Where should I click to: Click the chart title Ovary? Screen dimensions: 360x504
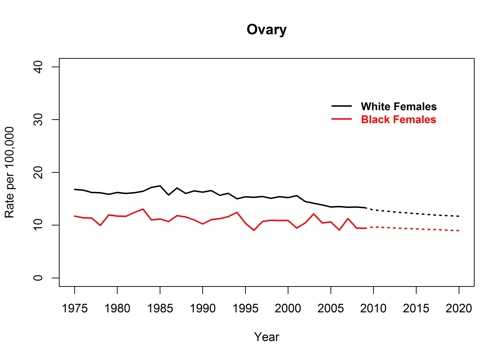coord(266,30)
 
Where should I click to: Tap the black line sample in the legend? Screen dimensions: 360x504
coord(342,106)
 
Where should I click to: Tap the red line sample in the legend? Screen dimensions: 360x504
coord(342,120)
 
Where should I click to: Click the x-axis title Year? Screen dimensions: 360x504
coord(266,336)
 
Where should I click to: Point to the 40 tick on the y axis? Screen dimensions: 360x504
coord(42,66)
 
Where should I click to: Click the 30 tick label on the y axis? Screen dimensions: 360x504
coord(42,119)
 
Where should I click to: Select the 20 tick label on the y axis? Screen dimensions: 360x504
coord(42,172)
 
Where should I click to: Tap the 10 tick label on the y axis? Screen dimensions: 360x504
coord(42,225)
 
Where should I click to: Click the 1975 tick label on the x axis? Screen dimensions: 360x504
coord(75,307)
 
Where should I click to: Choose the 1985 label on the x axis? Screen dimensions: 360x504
coord(160,307)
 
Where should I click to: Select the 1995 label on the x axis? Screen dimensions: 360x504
coord(245,307)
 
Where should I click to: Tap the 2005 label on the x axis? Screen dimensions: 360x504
coord(331,307)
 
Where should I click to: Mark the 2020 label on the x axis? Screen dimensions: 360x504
coord(458,307)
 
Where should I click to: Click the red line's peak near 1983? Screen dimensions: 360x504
coord(143,209)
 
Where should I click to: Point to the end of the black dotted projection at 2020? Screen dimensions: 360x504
coord(458,216)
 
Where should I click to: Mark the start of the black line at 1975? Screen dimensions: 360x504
coord(75,189)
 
